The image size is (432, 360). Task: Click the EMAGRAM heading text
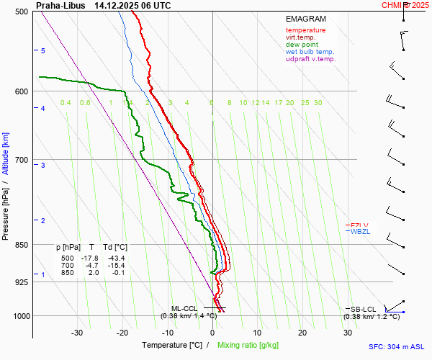tap(305, 18)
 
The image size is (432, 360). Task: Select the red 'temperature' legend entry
tap(305, 30)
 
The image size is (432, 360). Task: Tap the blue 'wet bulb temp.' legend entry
tap(310, 52)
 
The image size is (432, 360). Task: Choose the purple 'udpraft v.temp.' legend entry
tap(310, 59)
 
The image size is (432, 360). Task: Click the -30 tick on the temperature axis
tap(77, 333)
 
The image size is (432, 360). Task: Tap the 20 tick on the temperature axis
tap(302, 333)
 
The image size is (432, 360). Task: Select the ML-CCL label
tap(185, 308)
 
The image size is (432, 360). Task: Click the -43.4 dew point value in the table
tap(115, 258)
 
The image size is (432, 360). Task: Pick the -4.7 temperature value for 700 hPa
tap(92, 266)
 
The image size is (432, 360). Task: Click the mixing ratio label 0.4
tap(66, 103)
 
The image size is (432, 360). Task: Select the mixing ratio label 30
tap(318, 103)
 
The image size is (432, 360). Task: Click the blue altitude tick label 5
tap(42, 51)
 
